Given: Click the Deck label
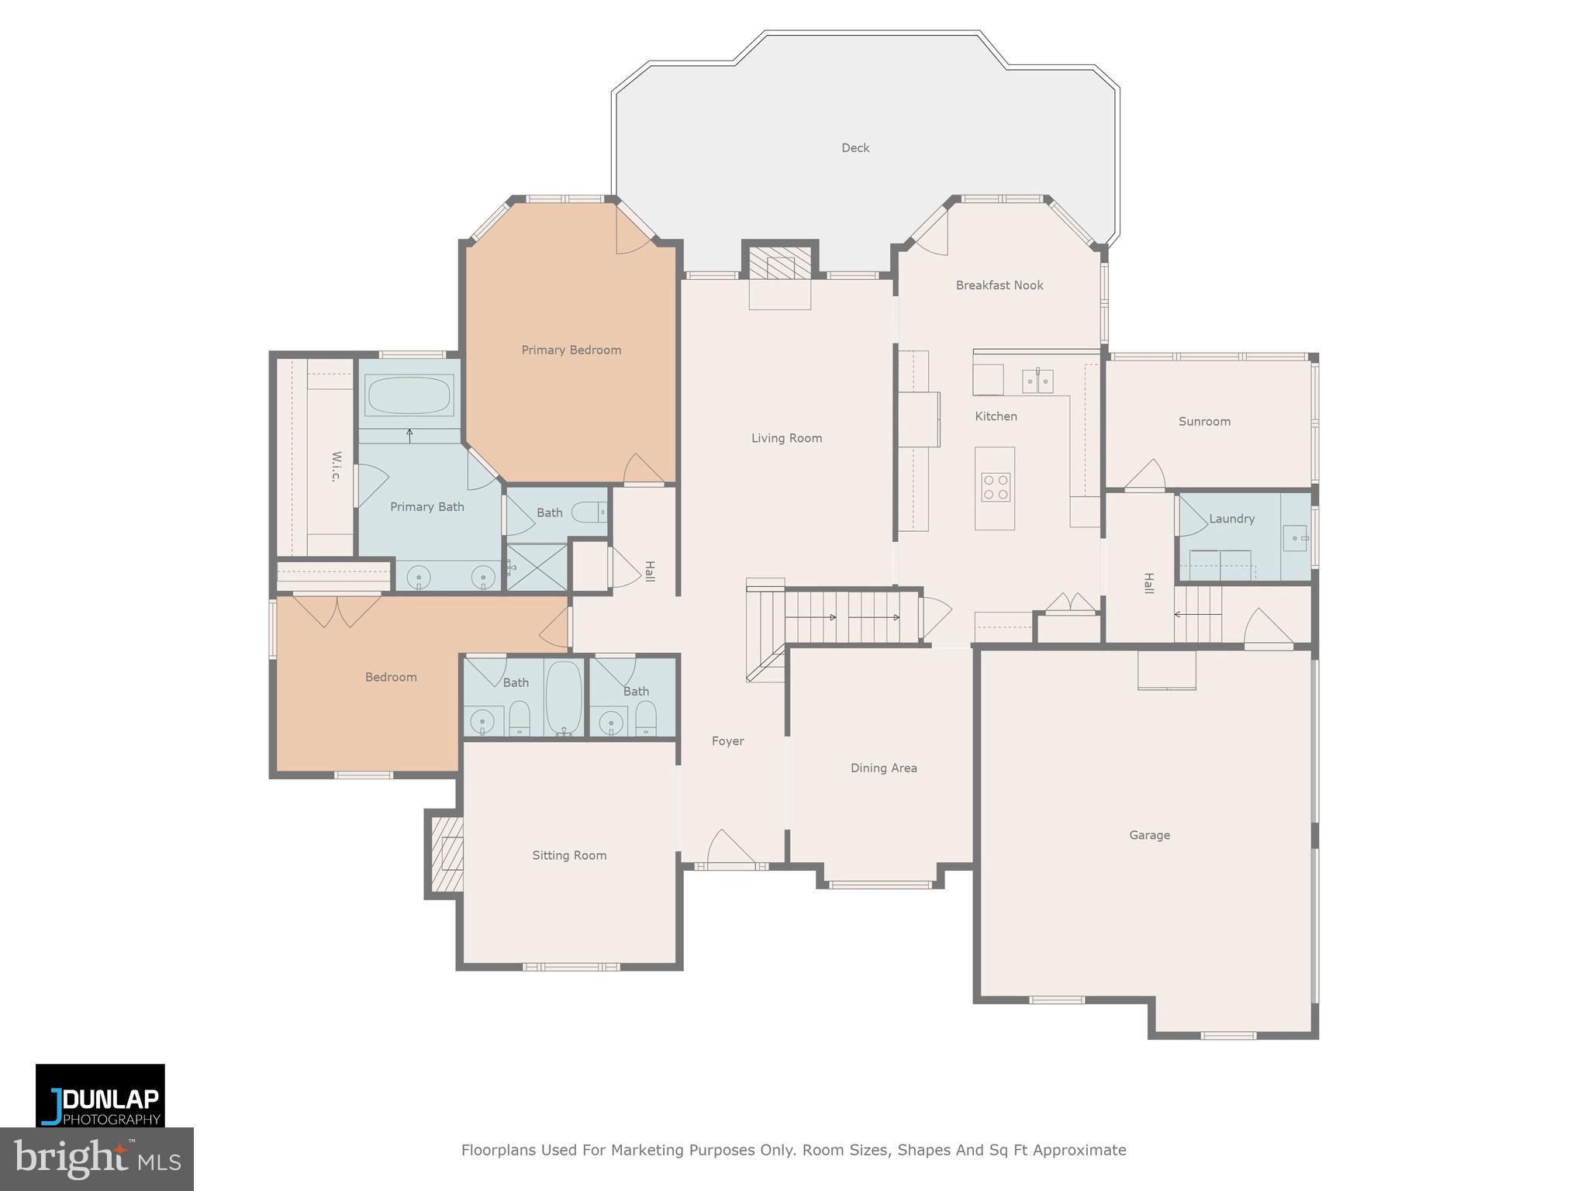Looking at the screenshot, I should (x=855, y=147).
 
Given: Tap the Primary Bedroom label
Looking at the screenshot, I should (x=571, y=350).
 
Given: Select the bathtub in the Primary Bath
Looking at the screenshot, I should (x=409, y=395).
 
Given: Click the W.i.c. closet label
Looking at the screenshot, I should (x=336, y=466).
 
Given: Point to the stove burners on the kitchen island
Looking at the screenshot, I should (x=996, y=487).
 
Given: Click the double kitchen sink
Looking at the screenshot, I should (x=1037, y=381).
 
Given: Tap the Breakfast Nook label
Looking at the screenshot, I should (x=999, y=285).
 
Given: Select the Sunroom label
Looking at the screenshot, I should (x=1204, y=422).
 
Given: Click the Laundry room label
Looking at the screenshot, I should (x=1231, y=519).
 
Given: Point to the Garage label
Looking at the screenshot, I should (x=1149, y=835).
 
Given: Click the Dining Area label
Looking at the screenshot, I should (x=883, y=768).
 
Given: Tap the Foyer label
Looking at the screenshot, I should (x=727, y=741).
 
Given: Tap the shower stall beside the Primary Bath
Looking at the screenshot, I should (x=537, y=567).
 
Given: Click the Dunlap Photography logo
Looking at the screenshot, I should (x=100, y=1094).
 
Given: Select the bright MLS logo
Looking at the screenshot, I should (x=97, y=1158).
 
